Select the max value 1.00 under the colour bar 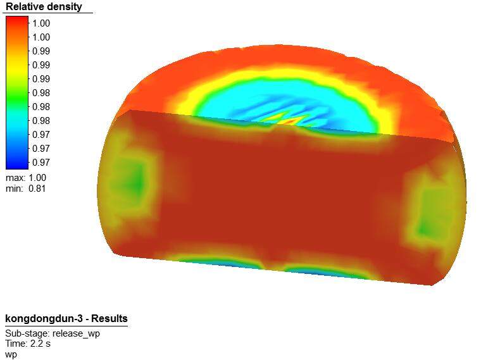pos(37,178)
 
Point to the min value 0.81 pos(37,189)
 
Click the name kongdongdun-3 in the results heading pos(44,319)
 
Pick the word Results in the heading pos(109,318)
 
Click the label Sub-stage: pos(27,333)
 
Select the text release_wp pos(77,333)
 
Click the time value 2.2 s pos(41,344)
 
